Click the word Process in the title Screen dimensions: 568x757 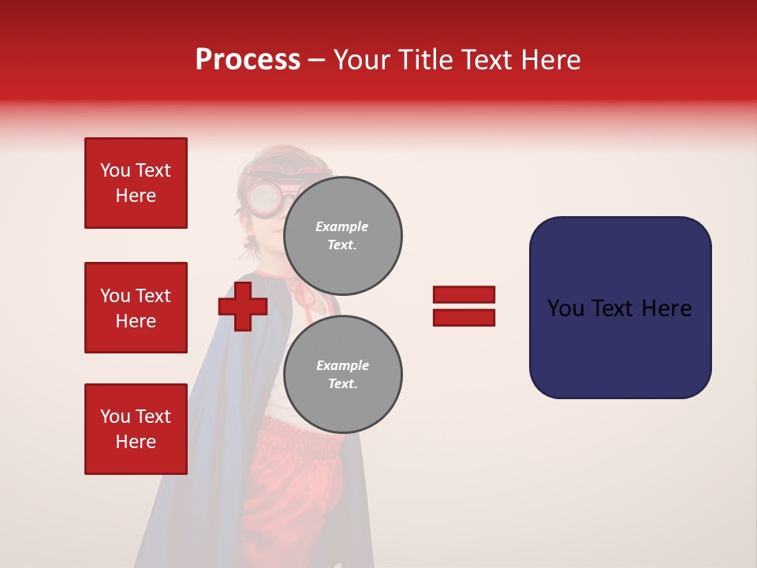tap(248, 60)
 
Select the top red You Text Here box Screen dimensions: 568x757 tap(136, 183)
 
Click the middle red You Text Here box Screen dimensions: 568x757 tap(136, 308)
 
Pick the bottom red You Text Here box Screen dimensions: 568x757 tap(136, 429)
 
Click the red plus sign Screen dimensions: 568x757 tap(242, 307)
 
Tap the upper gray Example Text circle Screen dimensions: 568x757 tap(342, 236)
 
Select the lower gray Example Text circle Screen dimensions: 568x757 tap(342, 375)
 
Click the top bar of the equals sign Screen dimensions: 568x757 tap(464, 295)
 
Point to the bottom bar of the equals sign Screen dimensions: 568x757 tap(464, 318)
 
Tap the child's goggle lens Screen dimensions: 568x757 tap(266, 197)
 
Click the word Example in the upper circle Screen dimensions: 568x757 tap(342, 226)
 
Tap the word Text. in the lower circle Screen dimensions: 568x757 tap(342, 384)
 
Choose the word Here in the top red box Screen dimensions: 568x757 tap(136, 196)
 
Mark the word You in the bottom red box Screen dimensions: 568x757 tap(114, 417)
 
